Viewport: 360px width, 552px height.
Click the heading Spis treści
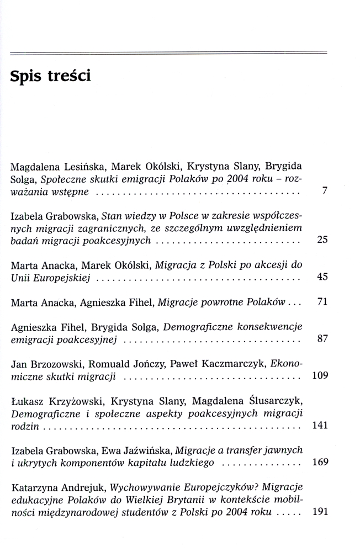coord(50,76)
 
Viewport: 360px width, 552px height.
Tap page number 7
coord(325,191)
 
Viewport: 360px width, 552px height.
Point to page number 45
coord(323,277)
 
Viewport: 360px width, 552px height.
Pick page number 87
coord(323,339)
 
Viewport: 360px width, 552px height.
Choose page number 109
coord(320,376)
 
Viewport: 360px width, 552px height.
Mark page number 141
coord(320,425)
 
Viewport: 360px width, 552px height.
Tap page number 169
coord(320,462)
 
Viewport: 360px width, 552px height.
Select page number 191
coord(320,511)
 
